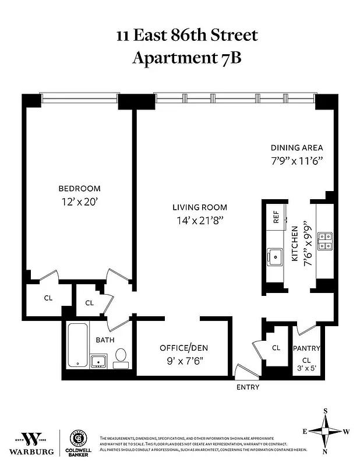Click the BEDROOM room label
pos(79,188)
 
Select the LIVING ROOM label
pos(199,207)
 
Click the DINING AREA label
pos(297,147)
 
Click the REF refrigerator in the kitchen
pos(276,218)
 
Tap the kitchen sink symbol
pos(274,255)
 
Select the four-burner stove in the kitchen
pos(324,240)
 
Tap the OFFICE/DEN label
pos(183,348)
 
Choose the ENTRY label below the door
pos(248,387)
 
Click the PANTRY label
pos(306,348)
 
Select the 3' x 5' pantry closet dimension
pos(306,368)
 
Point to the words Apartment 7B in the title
pos(186,58)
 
